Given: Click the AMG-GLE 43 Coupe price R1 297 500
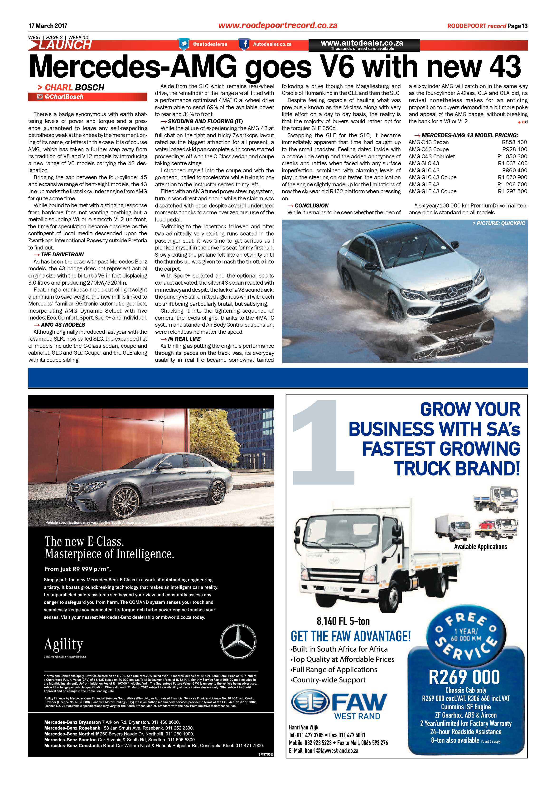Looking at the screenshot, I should (512, 192).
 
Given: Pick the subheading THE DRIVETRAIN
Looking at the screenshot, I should (62, 255).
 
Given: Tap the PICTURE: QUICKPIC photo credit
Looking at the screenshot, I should (498, 223).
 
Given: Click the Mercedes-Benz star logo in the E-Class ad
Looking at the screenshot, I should (238, 640).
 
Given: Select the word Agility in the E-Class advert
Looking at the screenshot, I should (64, 644).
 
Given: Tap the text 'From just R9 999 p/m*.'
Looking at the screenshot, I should (78, 569).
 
